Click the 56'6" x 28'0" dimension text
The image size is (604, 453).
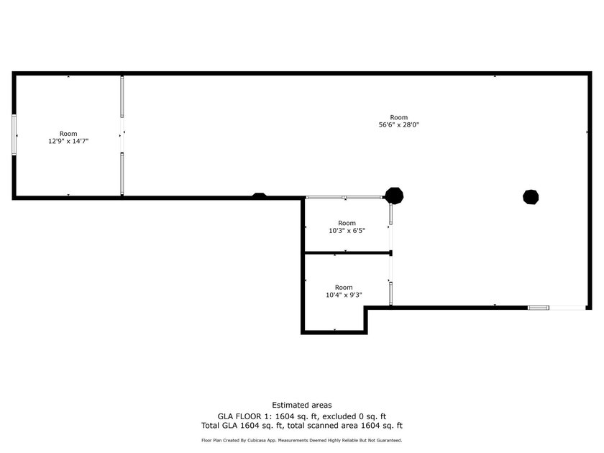(x=398, y=125)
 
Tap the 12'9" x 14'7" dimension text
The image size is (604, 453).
(x=68, y=142)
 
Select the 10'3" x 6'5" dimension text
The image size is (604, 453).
(x=347, y=231)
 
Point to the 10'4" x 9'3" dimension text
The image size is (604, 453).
(x=344, y=295)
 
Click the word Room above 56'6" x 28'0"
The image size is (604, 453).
(x=398, y=117)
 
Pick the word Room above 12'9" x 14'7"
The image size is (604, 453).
(x=68, y=134)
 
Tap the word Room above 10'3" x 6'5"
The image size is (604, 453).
(x=347, y=223)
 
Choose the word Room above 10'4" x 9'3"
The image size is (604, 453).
(x=344, y=287)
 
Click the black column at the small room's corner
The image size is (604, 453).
(x=394, y=195)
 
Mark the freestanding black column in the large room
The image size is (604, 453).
(x=531, y=196)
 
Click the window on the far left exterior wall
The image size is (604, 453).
(x=14, y=134)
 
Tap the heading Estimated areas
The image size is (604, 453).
(x=301, y=406)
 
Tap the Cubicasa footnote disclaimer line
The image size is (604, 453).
(x=301, y=440)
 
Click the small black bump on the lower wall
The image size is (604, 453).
(x=259, y=195)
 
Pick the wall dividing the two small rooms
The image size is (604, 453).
(x=347, y=252)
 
